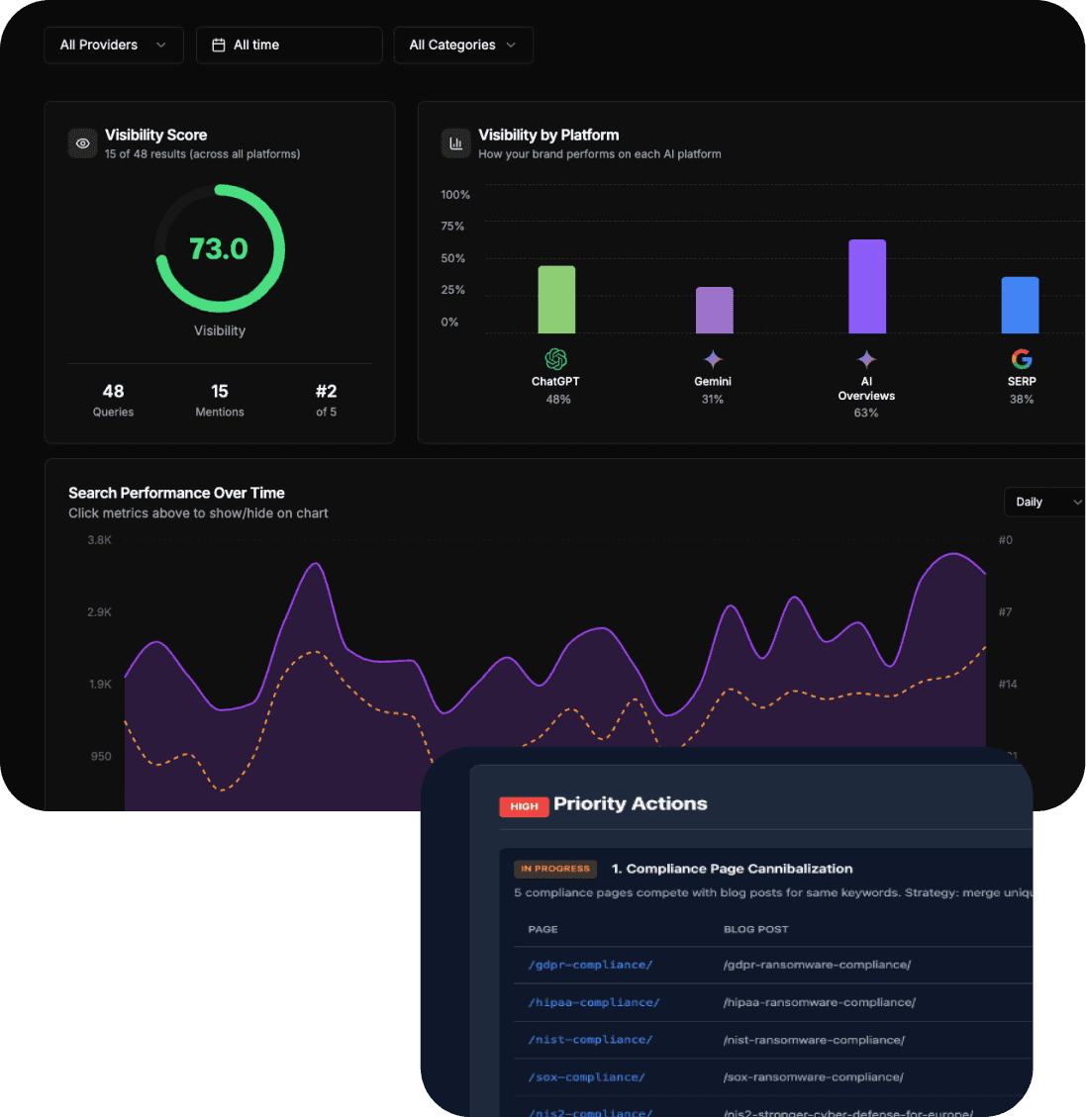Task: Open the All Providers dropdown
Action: pyautogui.click(x=113, y=46)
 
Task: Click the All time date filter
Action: pyautogui.click(x=289, y=46)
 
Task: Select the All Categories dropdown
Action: pyautogui.click(x=462, y=46)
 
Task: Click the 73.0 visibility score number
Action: pyautogui.click(x=219, y=248)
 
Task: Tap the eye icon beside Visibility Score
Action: pyautogui.click(x=83, y=143)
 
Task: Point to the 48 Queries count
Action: pyautogui.click(x=113, y=392)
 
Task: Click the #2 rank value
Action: pyautogui.click(x=326, y=392)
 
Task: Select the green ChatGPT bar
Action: pyautogui.click(x=556, y=300)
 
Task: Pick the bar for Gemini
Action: pyautogui.click(x=714, y=311)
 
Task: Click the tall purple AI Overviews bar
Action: pyautogui.click(x=867, y=287)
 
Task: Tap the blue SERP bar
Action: pyautogui.click(x=1020, y=306)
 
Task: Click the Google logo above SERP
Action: pyautogui.click(x=1022, y=359)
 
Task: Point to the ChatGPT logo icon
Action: pyautogui.click(x=555, y=359)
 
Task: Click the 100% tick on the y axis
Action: pyautogui.click(x=455, y=195)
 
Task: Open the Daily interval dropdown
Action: pyautogui.click(x=1045, y=503)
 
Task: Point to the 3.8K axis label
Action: pyautogui.click(x=99, y=540)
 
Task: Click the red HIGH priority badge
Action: pyautogui.click(x=524, y=806)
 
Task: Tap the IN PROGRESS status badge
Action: pyautogui.click(x=554, y=869)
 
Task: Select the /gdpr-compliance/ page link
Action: pyautogui.click(x=590, y=965)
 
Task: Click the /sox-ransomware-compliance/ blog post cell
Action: pyautogui.click(x=813, y=1076)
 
